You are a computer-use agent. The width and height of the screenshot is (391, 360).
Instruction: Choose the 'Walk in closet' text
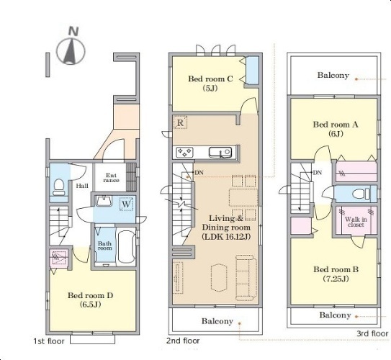tap(356, 222)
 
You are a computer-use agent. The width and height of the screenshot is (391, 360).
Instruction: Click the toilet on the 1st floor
tap(59, 187)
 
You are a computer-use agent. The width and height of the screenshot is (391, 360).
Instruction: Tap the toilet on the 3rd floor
tap(361, 194)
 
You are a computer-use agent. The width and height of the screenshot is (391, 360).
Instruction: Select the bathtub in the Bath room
tap(126, 247)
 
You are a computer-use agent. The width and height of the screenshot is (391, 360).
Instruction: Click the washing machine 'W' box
tap(127, 204)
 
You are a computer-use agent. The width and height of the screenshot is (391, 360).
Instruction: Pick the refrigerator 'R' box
tap(180, 122)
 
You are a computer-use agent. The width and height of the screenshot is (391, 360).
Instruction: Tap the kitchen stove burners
tap(184, 152)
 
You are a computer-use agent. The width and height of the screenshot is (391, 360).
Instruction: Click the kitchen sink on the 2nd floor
tap(220, 152)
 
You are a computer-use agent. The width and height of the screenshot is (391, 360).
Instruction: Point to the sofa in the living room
tap(246, 277)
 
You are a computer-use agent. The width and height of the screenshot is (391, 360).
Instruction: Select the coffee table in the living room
tap(219, 277)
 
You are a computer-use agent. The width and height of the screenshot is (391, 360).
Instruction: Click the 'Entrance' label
tap(111, 178)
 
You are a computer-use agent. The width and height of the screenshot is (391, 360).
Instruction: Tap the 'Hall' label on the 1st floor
tap(82, 186)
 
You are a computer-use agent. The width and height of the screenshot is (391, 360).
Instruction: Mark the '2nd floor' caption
tap(183, 341)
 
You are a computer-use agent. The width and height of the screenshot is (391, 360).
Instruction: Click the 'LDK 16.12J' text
tap(226, 236)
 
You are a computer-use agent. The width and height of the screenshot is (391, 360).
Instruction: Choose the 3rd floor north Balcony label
tap(333, 75)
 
